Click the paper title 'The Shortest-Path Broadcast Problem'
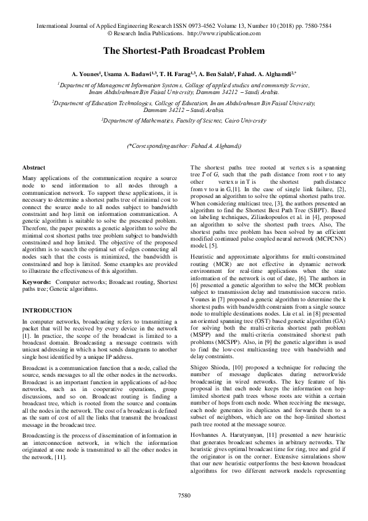[x=184, y=50]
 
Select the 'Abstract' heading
[x=33, y=168]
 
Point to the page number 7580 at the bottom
[x=184, y=495]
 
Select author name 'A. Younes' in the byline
[x=88, y=73]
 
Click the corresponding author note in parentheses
[x=184, y=145]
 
